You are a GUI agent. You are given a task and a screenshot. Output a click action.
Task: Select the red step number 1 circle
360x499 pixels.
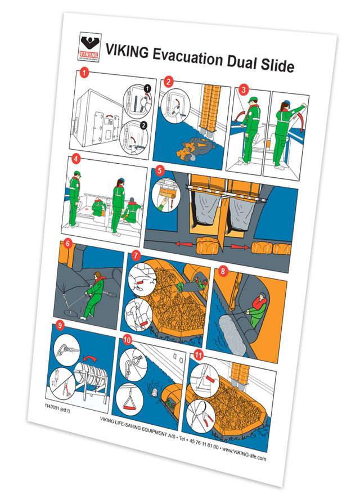click(84, 73)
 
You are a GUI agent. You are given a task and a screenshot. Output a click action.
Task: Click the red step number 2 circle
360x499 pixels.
click(168, 82)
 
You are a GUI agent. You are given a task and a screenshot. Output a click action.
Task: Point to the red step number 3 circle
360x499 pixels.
click(243, 89)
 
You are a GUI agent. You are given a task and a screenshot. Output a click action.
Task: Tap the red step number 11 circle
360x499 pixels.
click(199, 355)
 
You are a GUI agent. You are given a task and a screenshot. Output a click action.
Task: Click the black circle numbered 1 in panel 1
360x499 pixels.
click(148, 88)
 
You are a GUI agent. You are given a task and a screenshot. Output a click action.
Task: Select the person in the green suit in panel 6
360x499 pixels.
click(94, 292)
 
